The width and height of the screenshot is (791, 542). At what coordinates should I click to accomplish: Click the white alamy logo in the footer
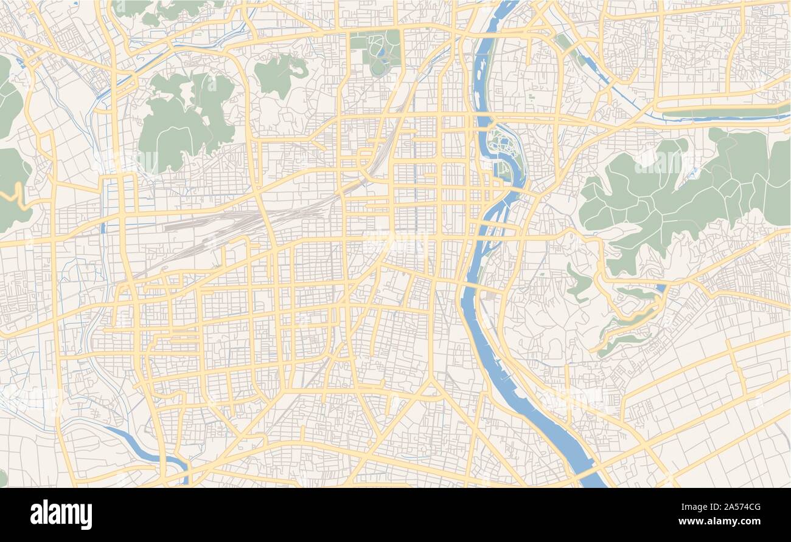pos(61,514)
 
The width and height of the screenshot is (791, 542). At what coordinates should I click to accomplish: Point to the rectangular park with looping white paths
pos(375,53)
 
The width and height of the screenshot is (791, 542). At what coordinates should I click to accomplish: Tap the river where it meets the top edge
pos(505,7)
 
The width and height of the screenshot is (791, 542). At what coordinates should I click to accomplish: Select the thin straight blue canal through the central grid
pos(415,182)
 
